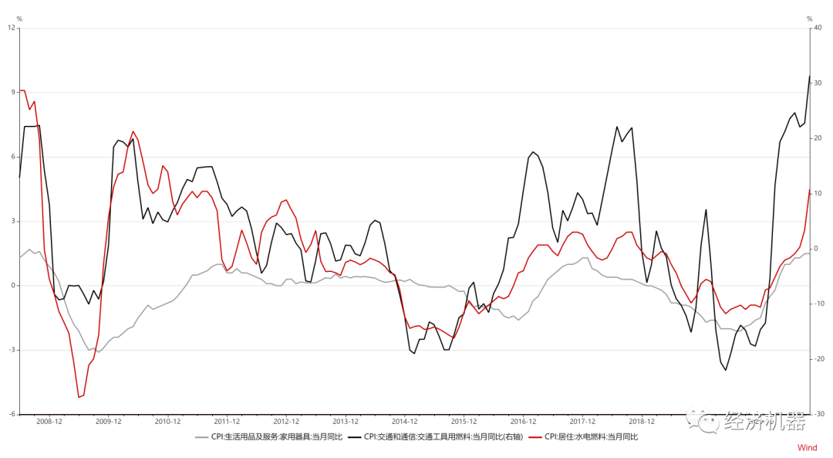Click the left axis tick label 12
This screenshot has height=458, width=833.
12,28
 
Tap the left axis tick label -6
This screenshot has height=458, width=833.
12,414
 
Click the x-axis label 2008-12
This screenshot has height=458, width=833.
49,422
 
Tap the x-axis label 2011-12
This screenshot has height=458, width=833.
227,422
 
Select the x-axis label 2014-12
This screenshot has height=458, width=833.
404,422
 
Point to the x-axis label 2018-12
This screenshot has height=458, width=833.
642,422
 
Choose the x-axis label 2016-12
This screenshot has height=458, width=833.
523,422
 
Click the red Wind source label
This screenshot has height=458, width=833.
807,448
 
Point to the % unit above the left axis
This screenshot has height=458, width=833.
19,19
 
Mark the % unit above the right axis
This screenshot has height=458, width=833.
809,19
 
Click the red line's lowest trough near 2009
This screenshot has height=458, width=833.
79,397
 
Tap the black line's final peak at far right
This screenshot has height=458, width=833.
809,76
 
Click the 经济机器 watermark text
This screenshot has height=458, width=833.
764,421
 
